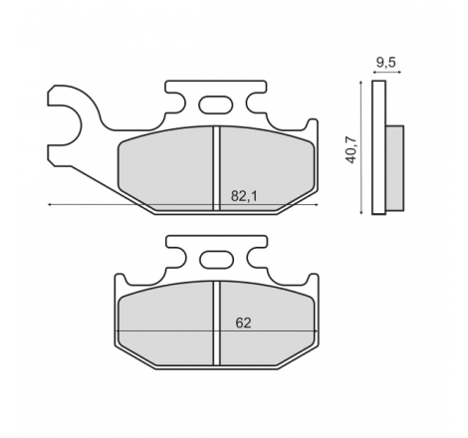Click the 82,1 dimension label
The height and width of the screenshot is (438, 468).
coord(244,196)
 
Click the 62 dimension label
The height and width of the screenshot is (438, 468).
coord(243,323)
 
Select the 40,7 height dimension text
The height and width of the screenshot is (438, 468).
coord(351,149)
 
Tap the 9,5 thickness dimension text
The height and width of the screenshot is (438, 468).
coord(386,62)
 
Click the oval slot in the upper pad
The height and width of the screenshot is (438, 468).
coord(216,105)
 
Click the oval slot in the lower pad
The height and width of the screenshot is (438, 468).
coord(216,259)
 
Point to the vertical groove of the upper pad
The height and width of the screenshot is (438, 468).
coord(216,168)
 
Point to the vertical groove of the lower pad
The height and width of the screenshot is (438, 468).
coord(216,324)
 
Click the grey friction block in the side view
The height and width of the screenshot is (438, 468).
coord(395,168)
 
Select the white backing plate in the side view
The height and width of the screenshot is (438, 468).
coord(378,147)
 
